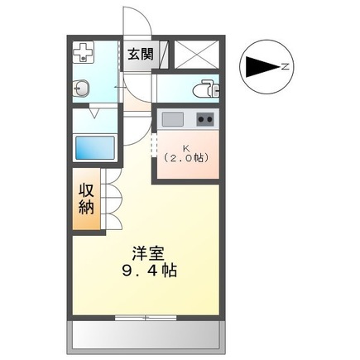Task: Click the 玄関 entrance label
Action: (x=140, y=55)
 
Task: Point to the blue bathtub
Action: (x=94, y=148)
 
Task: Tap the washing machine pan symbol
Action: (x=84, y=55)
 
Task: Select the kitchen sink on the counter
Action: (x=172, y=119)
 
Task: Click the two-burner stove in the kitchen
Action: (x=204, y=119)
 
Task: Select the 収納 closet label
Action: (x=85, y=199)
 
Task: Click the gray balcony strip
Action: (x=146, y=334)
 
